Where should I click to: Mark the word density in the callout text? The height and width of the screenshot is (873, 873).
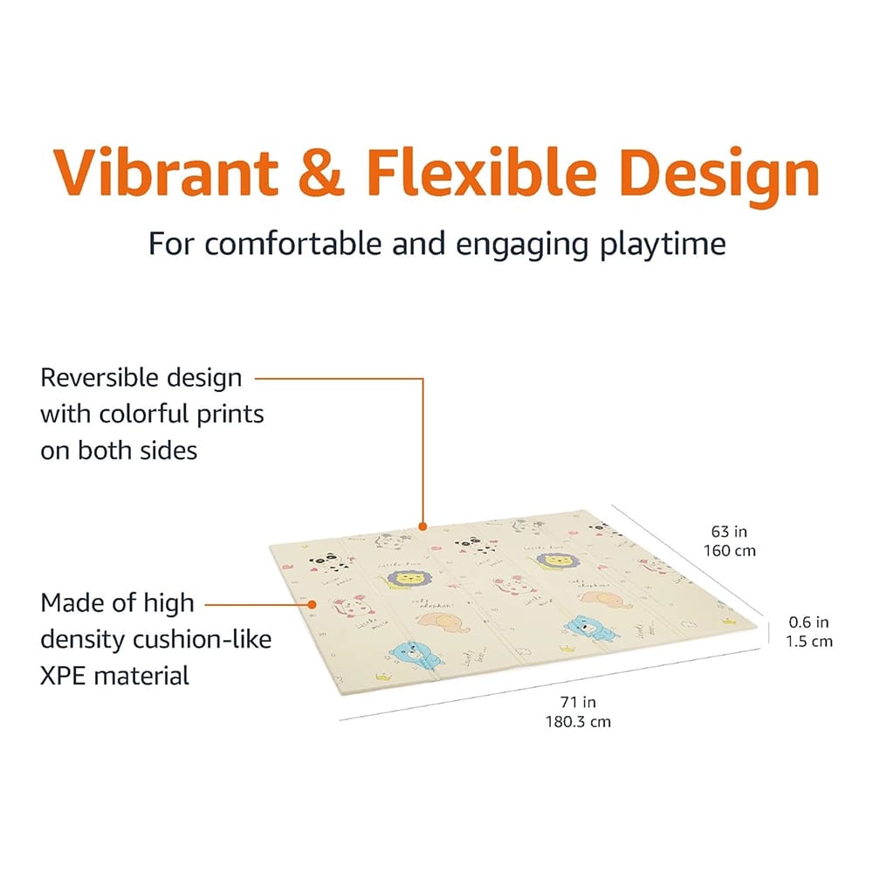[x=81, y=639]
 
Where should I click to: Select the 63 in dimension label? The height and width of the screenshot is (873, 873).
[x=730, y=532]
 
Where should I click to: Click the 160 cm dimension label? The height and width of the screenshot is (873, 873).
[x=730, y=551]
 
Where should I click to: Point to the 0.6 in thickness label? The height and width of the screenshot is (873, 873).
[x=808, y=622]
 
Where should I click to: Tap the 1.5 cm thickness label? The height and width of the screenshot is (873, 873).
[x=808, y=642]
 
